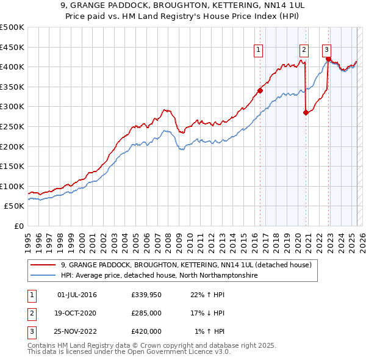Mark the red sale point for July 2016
coord(260,91)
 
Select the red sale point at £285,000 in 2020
coord(306,112)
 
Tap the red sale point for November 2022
coord(329,59)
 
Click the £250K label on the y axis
coord(12,126)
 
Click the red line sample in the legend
coord(43,265)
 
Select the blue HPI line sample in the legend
coord(43,275)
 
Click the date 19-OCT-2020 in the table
coord(76,313)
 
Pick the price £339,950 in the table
coord(146,295)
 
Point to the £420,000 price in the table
coord(146,331)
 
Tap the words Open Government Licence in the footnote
coord(174,351)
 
